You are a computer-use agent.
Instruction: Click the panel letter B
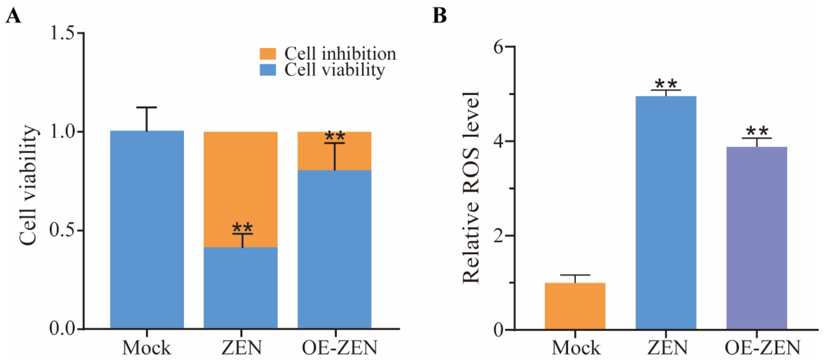point(440,15)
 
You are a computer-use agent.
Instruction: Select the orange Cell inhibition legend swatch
point(267,54)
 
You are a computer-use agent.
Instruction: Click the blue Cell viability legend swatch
point(267,70)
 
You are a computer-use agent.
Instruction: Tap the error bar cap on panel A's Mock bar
point(147,107)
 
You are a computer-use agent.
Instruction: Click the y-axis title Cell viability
point(28,186)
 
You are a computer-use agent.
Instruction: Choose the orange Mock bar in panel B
point(575,306)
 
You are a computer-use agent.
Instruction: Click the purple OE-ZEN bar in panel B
point(757,238)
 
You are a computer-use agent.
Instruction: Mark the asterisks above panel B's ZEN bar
point(666,84)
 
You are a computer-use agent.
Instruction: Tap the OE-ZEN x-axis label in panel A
point(339,348)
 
